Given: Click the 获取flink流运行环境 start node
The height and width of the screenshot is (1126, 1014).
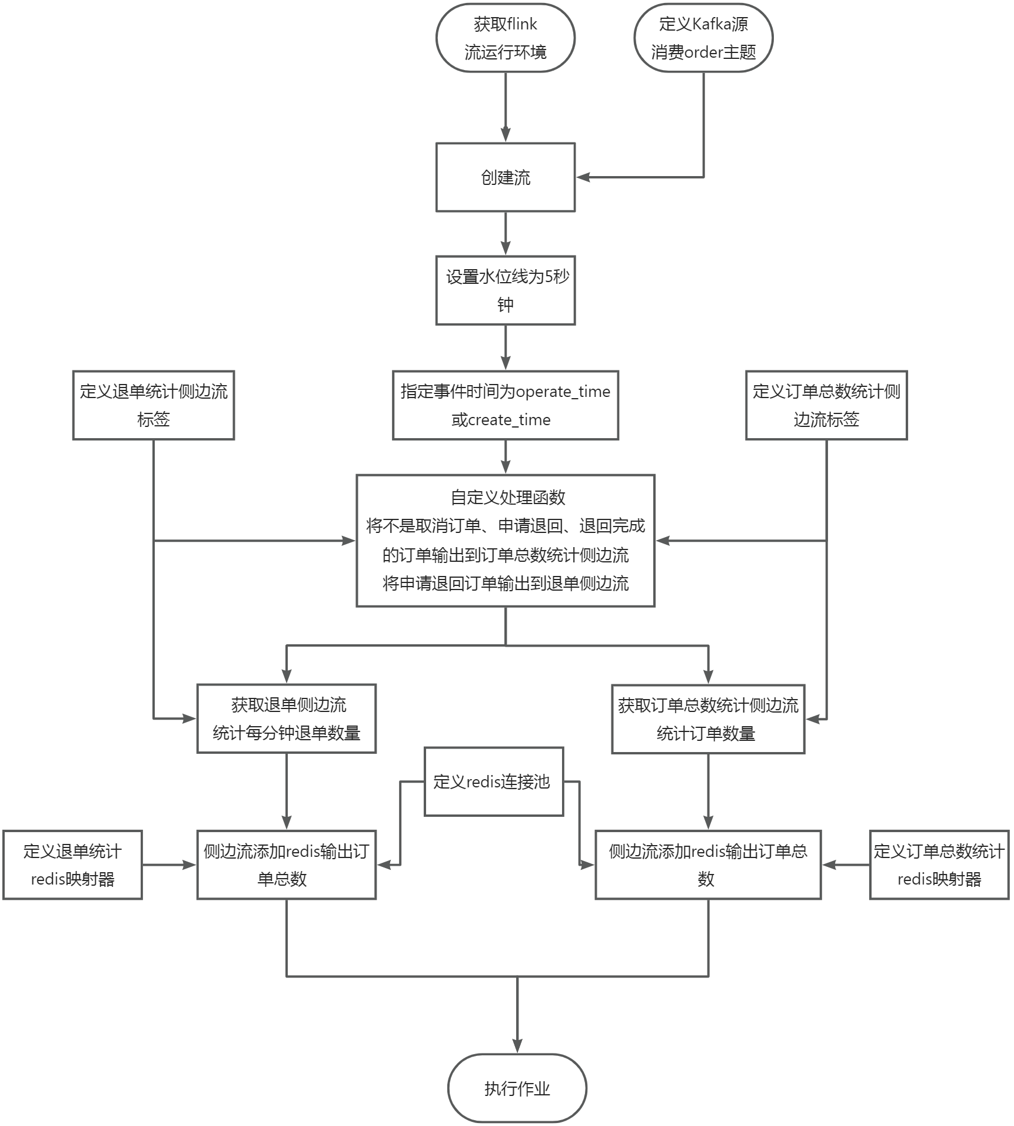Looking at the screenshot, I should pyautogui.click(x=505, y=38).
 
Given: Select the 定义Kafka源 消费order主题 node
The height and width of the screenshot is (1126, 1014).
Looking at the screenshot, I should pyautogui.click(x=703, y=38).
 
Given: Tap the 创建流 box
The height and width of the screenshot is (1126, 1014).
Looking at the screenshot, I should pyautogui.click(x=505, y=177).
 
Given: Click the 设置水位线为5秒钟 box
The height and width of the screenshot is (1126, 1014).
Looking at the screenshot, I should pyautogui.click(x=505, y=290).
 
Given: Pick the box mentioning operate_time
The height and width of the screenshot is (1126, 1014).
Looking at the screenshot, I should pyautogui.click(x=505, y=405).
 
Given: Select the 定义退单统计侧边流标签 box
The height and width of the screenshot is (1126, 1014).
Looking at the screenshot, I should pyautogui.click(x=154, y=405).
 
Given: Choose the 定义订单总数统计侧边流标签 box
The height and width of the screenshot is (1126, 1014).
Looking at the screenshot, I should pyautogui.click(x=826, y=405).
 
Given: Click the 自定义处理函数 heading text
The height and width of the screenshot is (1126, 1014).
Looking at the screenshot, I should pyautogui.click(x=508, y=498).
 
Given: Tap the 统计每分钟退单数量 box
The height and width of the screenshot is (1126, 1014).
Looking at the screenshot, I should pyautogui.click(x=287, y=718).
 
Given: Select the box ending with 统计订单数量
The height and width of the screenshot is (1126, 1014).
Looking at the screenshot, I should pyautogui.click(x=708, y=719).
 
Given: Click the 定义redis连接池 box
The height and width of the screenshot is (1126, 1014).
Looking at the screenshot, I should pyautogui.click(x=494, y=781).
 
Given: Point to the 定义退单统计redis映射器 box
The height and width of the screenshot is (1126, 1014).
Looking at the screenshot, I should pyautogui.click(x=72, y=865).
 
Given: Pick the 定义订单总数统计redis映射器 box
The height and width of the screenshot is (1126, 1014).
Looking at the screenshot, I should pyautogui.click(x=939, y=865).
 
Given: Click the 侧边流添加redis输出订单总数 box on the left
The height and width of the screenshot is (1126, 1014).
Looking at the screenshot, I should pyautogui.click(x=287, y=865).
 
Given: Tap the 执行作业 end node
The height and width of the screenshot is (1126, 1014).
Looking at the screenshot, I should pyautogui.click(x=517, y=1088).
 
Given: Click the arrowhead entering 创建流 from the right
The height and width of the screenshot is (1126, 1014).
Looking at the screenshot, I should pyautogui.click(x=583, y=177).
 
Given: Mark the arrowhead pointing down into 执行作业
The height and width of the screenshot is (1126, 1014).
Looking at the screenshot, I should pyautogui.click(x=517, y=1046).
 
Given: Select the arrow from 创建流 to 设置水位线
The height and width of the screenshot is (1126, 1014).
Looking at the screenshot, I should pyautogui.click(x=506, y=233).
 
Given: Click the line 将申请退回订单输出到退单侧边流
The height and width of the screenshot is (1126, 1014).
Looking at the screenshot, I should pyautogui.click(x=506, y=584).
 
